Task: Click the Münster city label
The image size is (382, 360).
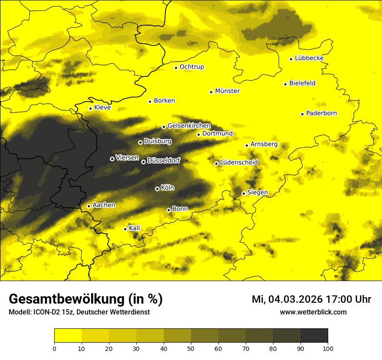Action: (227, 91)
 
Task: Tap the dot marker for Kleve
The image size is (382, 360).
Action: (91, 108)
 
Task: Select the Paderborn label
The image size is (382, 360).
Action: (321, 113)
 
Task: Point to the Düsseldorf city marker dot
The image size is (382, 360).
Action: (143, 162)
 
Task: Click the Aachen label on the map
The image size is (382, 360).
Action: (104, 205)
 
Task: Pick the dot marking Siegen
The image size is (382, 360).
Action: (244, 193)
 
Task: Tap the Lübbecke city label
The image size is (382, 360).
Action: (309, 58)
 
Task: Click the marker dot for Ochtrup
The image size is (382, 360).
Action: (176, 68)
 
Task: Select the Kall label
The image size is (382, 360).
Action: (135, 228)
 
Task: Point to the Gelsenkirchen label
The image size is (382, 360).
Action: (189, 126)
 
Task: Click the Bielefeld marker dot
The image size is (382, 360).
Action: (285, 84)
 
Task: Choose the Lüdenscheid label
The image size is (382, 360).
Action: (239, 163)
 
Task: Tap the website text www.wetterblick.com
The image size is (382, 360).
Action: (313, 312)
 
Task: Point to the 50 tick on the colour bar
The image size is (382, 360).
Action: (191, 348)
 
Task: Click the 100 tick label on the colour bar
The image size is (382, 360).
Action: (327, 348)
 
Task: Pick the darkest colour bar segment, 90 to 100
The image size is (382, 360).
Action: (314, 335)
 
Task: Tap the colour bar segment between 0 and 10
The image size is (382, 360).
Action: (68, 335)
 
